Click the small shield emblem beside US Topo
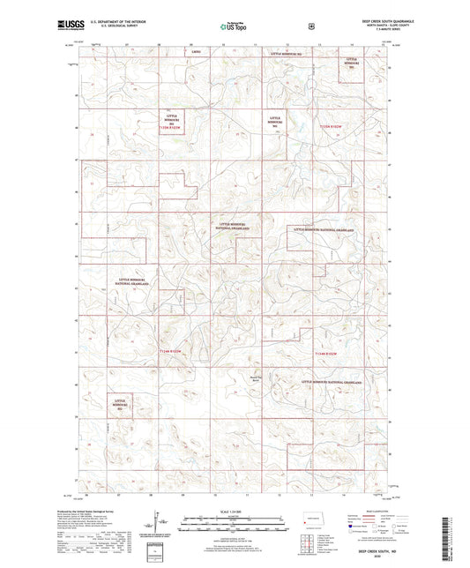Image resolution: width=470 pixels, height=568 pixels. pyautogui.click(x=310, y=27)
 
